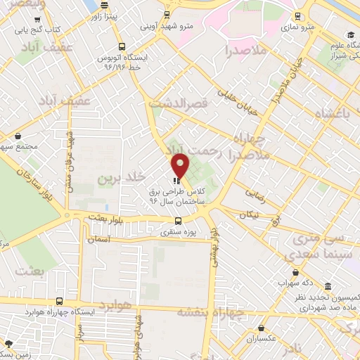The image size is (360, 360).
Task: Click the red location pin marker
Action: point(180,166)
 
